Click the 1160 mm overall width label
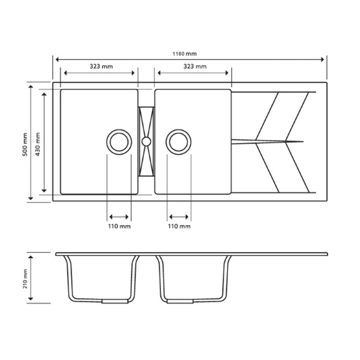[x=184, y=54]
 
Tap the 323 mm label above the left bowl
[x=101, y=66]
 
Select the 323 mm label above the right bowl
[x=195, y=66]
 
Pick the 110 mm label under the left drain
[x=119, y=226]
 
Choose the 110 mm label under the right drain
[x=179, y=226]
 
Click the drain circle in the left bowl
[x=119, y=141]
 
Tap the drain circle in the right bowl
[x=179, y=141]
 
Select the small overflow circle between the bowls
[x=146, y=141]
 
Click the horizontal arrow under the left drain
[x=119, y=216]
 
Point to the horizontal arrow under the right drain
[x=179, y=216]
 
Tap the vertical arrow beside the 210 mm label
[x=31, y=278]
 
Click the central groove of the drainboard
[x=267, y=142]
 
